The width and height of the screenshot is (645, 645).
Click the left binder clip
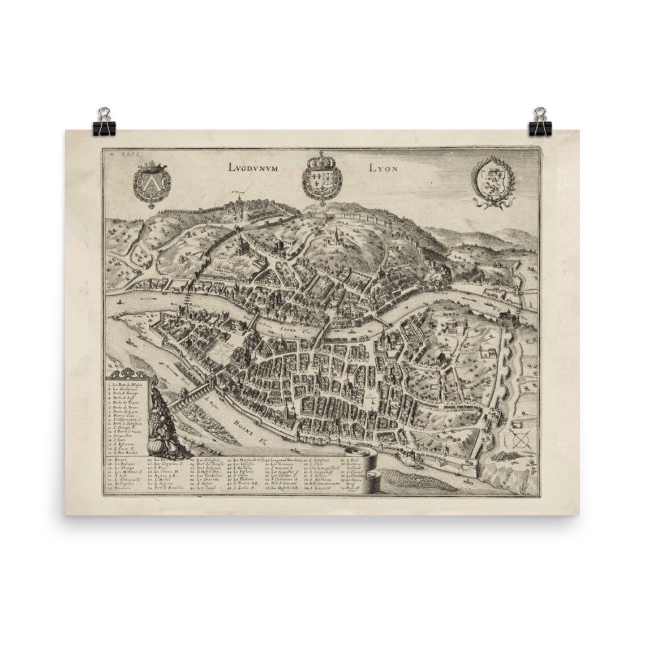[105, 122]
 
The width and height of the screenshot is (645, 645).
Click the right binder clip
[540, 122]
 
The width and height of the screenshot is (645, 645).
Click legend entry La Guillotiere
[128, 389]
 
